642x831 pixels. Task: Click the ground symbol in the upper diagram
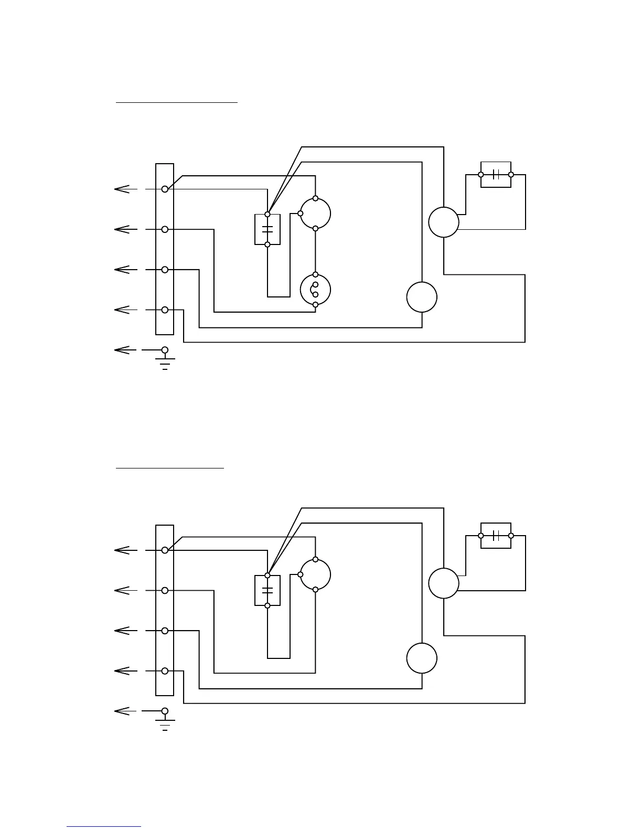pos(165,362)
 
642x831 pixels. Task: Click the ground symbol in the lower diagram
pos(165,723)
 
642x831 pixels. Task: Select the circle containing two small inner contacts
pos(315,290)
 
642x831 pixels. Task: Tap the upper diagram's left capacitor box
pos(267,229)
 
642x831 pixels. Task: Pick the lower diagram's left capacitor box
pos(267,591)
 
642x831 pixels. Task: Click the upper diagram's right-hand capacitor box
pos(496,175)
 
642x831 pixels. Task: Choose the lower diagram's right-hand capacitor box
pos(496,536)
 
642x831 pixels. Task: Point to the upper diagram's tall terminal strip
pos(165,249)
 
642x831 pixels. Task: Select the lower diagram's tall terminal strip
pos(165,610)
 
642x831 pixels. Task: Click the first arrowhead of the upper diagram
pos(122,189)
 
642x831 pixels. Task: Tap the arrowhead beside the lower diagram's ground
pos(122,711)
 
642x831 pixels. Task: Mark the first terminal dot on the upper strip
pos(165,189)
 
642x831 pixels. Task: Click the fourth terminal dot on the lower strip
pos(165,670)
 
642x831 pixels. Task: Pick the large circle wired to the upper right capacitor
pos(444,222)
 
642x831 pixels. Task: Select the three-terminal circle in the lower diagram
pos(315,574)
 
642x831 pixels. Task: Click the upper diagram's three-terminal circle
pos(315,214)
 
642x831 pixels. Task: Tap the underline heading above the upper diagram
pos(177,103)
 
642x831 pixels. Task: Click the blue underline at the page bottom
pos(104,826)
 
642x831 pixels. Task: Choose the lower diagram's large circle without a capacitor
pos(422,658)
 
